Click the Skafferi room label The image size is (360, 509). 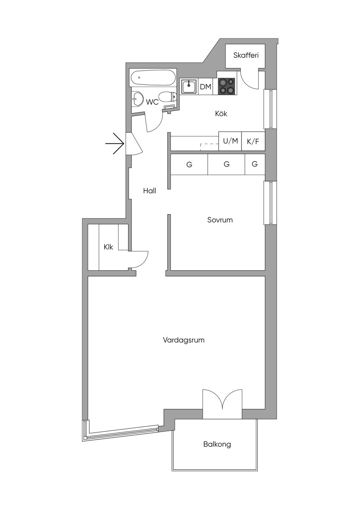[x=246, y=55]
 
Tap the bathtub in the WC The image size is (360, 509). [x=153, y=78]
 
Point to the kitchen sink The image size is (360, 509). [x=189, y=86]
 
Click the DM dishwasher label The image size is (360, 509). [x=206, y=86]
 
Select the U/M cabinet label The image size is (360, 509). [x=230, y=141]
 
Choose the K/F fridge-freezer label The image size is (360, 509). [x=253, y=142]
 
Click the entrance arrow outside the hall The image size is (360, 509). [x=115, y=143]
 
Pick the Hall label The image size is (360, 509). [x=149, y=191]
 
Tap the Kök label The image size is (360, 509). [x=221, y=114]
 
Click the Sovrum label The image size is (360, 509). [x=220, y=220]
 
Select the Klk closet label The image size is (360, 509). [x=108, y=247]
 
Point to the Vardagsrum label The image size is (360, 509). [x=184, y=340]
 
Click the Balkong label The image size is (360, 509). [x=217, y=444]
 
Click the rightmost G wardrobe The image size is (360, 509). [x=255, y=164]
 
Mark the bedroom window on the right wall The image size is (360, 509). [x=270, y=203]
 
